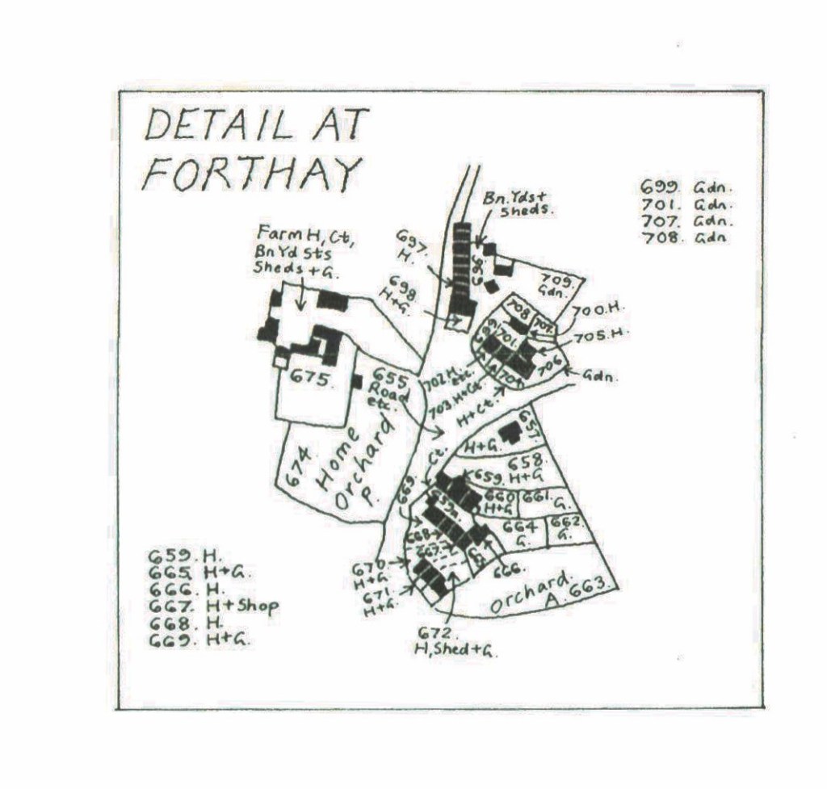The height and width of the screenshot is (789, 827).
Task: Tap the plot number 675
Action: tap(311, 379)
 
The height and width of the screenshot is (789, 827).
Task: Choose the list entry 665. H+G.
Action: tap(199, 573)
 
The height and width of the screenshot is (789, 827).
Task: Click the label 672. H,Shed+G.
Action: tap(455, 642)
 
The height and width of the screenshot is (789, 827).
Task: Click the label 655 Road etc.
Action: tap(388, 388)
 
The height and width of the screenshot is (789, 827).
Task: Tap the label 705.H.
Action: tap(601, 334)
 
